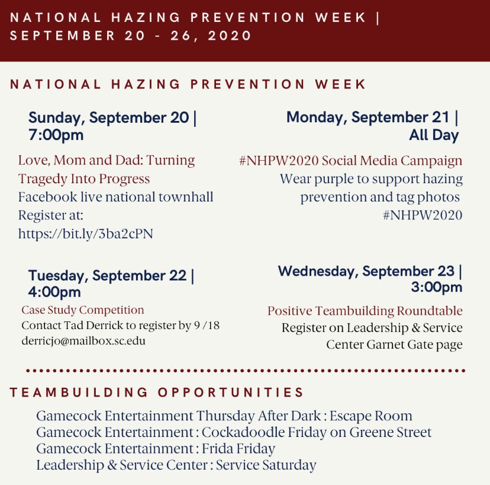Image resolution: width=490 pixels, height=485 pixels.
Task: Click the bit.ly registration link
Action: [x=85, y=234]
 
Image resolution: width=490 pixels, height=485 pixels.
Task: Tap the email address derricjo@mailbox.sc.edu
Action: [x=83, y=341]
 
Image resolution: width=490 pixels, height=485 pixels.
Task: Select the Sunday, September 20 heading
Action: [x=112, y=117]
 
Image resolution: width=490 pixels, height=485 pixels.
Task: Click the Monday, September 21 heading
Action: [x=372, y=117]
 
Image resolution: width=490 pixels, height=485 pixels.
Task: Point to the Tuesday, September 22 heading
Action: [x=111, y=276]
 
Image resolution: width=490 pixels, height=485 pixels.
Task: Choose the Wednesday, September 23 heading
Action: [x=370, y=272]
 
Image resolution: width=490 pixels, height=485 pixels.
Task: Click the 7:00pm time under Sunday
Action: [x=56, y=135]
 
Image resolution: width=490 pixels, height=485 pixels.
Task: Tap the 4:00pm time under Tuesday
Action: [x=54, y=292]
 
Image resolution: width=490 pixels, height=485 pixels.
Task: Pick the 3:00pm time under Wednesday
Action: [x=437, y=288]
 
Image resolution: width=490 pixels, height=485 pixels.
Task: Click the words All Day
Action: [x=434, y=135]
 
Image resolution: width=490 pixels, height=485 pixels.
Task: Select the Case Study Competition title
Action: [x=83, y=310]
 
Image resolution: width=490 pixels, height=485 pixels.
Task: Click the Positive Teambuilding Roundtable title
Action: [x=365, y=311]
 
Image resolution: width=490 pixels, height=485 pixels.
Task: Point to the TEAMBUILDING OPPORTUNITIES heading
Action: [x=157, y=393]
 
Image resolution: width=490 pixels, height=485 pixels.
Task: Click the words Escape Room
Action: [x=372, y=416]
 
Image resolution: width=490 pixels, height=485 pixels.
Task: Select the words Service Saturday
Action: [x=266, y=465]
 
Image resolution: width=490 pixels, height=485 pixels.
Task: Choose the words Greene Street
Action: [x=391, y=432]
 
